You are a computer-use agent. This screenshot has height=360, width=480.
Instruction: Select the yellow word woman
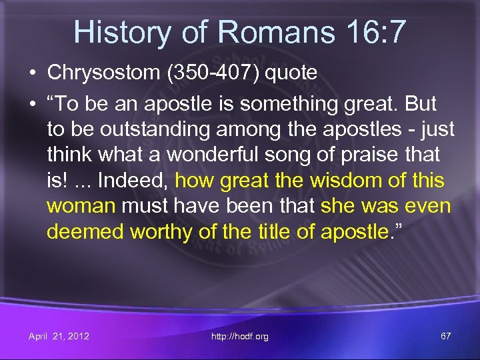[x=81, y=205]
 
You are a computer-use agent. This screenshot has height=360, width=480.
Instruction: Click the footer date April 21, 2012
[x=59, y=336]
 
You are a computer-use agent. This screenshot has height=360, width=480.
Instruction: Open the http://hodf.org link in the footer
[x=240, y=336]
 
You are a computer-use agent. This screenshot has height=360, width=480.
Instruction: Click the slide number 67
[x=445, y=336]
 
